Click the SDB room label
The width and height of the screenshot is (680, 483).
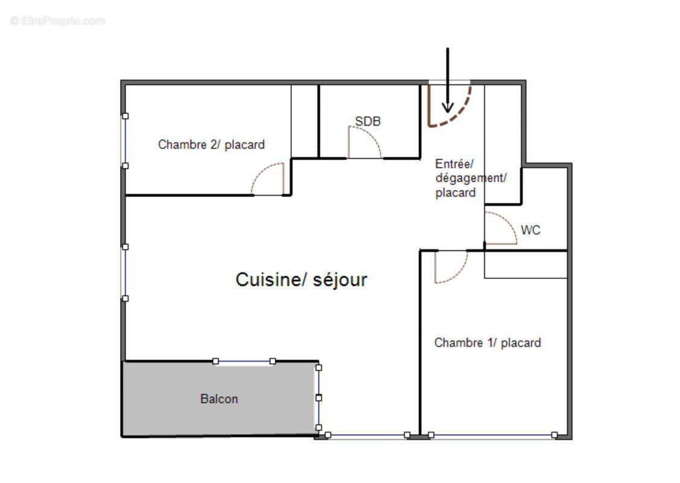(x=367, y=121)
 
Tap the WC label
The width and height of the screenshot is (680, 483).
(x=530, y=230)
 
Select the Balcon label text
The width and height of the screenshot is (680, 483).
(x=219, y=399)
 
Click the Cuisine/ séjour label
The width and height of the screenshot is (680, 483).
(x=301, y=280)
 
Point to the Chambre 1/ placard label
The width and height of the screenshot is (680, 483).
(x=488, y=343)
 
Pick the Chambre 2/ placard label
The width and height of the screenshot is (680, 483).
(x=211, y=145)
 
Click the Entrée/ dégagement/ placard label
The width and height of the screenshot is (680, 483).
(x=471, y=178)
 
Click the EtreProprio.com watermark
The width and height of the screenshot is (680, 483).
(x=58, y=21)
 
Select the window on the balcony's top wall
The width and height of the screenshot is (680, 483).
(x=244, y=361)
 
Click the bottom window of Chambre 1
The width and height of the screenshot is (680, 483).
(x=492, y=435)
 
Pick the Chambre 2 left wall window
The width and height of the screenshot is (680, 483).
(x=125, y=141)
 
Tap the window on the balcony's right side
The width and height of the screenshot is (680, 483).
(x=319, y=397)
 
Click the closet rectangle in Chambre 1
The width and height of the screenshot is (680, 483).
(x=526, y=265)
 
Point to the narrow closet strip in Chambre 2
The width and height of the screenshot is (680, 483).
(x=305, y=121)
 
